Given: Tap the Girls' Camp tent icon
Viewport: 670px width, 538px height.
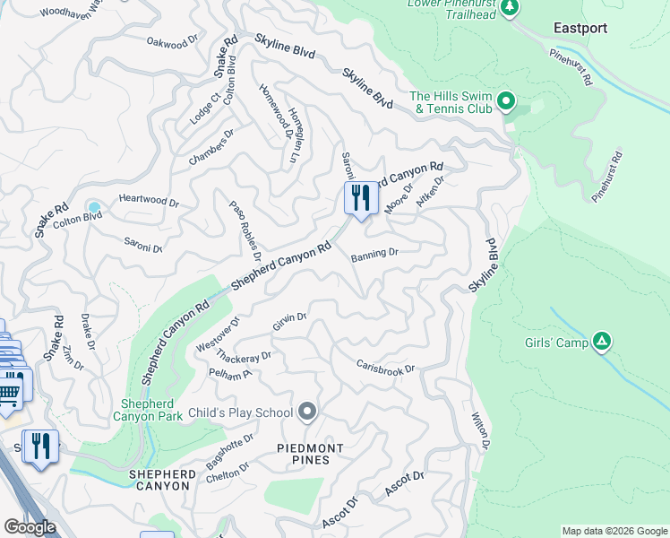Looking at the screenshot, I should click(x=603, y=342).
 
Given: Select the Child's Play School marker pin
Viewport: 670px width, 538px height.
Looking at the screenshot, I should click(x=308, y=412).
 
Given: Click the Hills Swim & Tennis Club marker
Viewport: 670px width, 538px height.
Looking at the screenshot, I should click(x=506, y=101).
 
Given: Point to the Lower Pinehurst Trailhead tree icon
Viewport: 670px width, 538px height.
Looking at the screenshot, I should click(x=510, y=8).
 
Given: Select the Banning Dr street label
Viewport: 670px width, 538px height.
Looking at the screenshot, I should click(x=374, y=255).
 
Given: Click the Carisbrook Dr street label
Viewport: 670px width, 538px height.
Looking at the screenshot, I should click(x=385, y=367).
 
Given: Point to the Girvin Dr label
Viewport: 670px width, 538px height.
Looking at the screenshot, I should click(x=290, y=321).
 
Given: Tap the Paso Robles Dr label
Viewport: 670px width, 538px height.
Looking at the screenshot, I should click(x=245, y=225).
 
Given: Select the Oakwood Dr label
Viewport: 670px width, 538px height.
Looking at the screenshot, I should click(x=172, y=43).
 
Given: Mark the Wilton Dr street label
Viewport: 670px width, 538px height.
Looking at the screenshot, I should click(x=480, y=431).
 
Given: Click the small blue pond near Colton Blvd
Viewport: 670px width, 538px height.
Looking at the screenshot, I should click(x=94, y=208).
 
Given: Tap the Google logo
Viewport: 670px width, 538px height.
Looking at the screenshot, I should click(x=30, y=527).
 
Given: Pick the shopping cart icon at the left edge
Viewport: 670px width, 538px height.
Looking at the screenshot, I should click(x=9, y=390).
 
